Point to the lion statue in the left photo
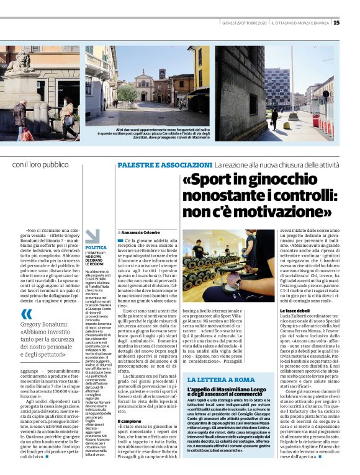coord(19,63)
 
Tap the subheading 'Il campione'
coord(129,386)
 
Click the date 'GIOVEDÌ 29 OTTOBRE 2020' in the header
coord(245,23)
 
